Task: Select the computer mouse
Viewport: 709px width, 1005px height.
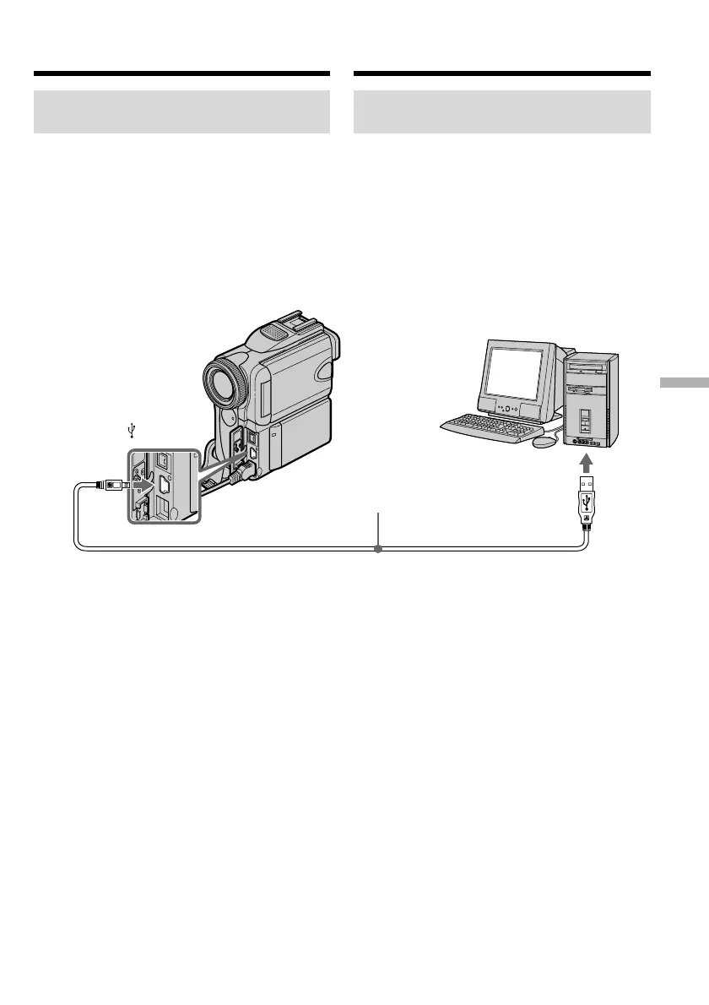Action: pyautogui.click(x=545, y=440)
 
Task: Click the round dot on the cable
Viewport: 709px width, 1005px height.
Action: pyautogui.click(x=378, y=549)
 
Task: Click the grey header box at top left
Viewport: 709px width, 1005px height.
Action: pyautogui.click(x=181, y=112)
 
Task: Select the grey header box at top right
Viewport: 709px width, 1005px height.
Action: pyautogui.click(x=501, y=112)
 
